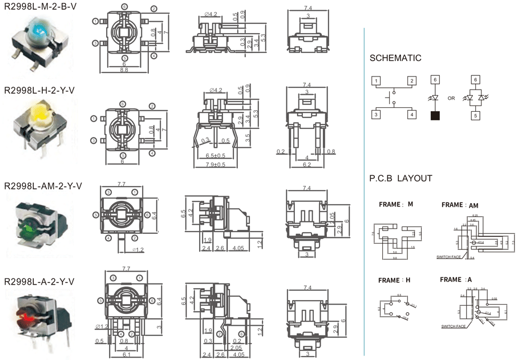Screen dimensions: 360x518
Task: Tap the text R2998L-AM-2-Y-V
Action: pos(43,186)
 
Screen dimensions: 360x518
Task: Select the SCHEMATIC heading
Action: pos(395,58)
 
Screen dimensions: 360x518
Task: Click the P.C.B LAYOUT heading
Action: pos(400,179)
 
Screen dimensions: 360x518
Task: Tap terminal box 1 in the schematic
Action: pos(377,81)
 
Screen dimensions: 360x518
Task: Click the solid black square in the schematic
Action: pos(435,115)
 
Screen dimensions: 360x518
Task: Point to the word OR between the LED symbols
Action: pos(451,98)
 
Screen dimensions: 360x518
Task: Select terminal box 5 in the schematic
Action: pos(476,115)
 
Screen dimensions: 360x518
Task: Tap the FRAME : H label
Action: pos(394,280)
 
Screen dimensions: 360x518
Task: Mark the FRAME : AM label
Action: pos(460,204)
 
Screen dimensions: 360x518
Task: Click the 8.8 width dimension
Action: pos(124,70)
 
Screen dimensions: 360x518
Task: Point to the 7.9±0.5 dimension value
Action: pos(215,165)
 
